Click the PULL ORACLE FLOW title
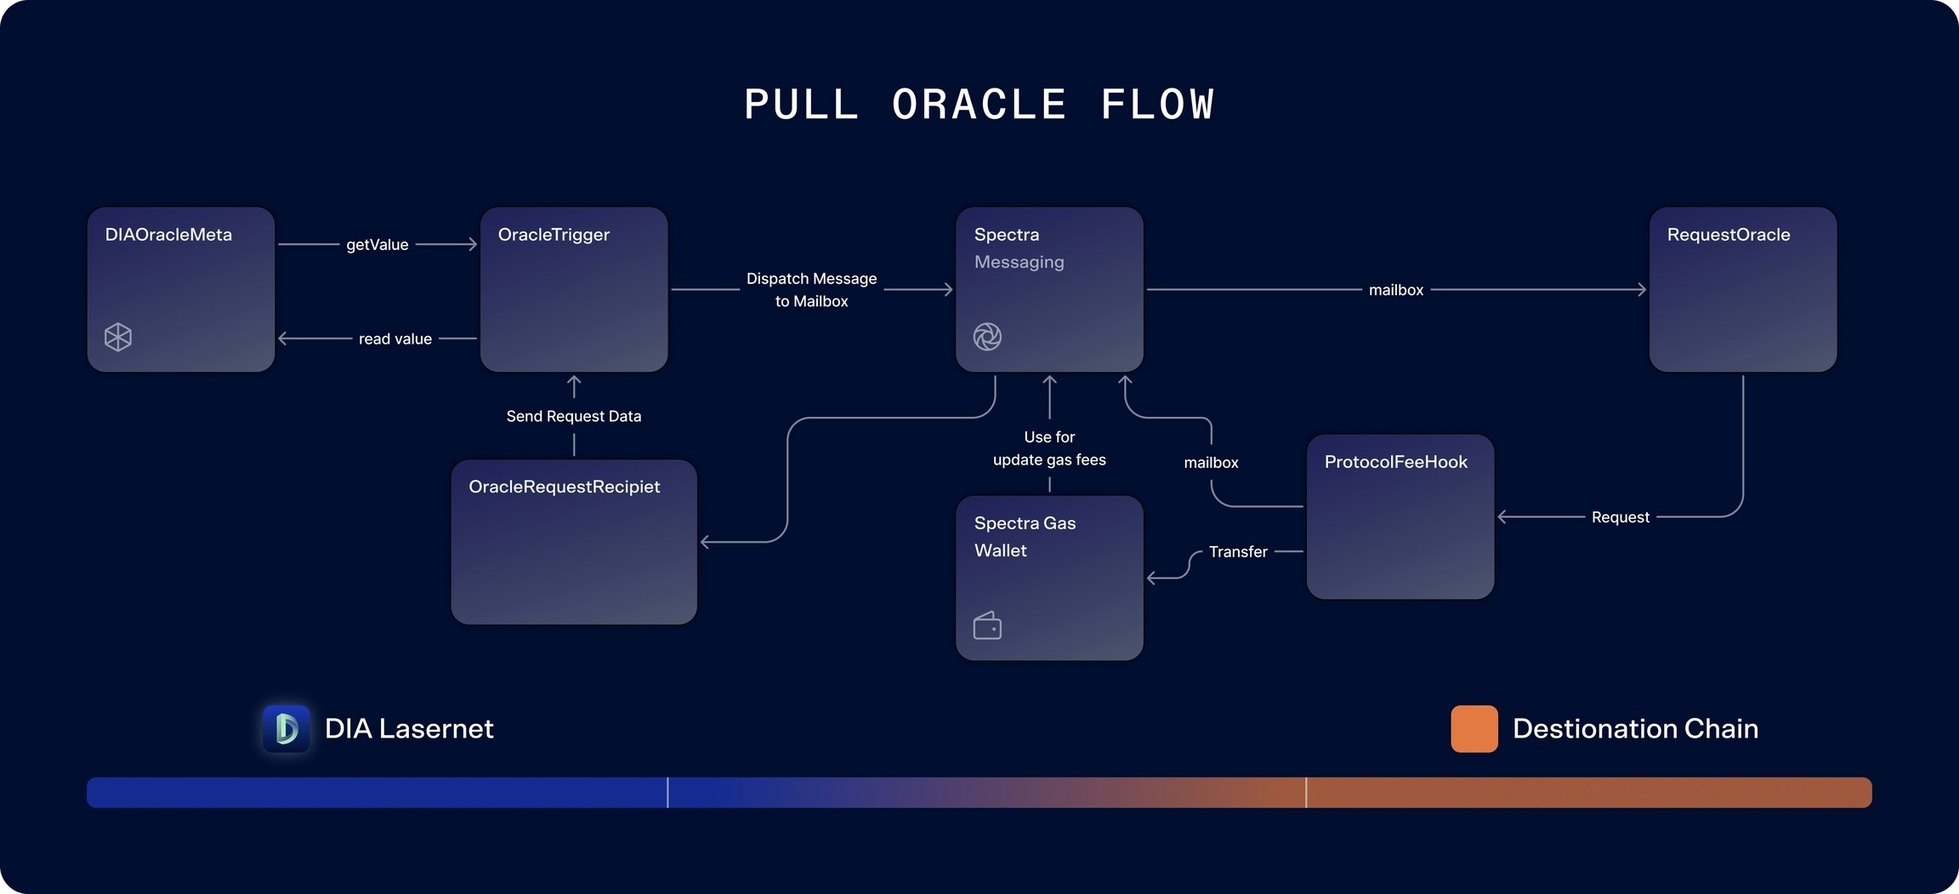click(x=979, y=105)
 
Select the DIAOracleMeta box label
click(x=168, y=235)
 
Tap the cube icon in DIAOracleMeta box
click(x=118, y=337)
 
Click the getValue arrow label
click(x=378, y=245)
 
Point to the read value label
click(x=395, y=339)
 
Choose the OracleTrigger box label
click(x=554, y=235)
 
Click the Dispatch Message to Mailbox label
click(x=811, y=290)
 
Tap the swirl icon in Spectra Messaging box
click(x=987, y=337)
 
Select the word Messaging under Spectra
click(x=1019, y=262)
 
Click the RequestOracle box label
click(x=1729, y=235)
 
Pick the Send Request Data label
click(x=574, y=416)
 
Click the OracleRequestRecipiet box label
click(x=564, y=487)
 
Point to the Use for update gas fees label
click(x=1049, y=448)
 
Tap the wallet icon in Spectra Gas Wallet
click(x=987, y=626)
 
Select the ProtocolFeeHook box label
click(x=1395, y=462)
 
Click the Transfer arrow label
click(x=1238, y=552)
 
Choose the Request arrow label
click(x=1620, y=517)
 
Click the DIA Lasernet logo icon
click(x=287, y=728)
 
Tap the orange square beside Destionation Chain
click(x=1474, y=728)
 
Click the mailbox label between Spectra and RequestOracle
click(x=1395, y=290)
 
